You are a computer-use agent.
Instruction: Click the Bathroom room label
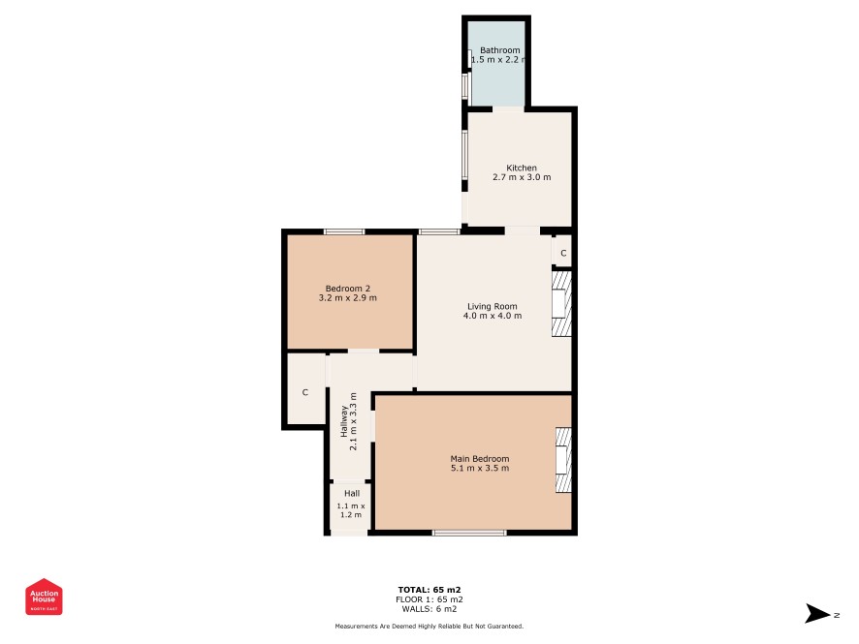coord(499,50)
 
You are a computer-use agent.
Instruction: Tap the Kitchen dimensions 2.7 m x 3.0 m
coord(522,177)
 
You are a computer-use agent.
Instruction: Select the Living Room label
coord(492,306)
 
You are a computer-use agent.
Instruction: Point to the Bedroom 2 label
coord(348,289)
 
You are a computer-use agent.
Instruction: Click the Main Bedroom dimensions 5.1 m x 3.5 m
coord(480,469)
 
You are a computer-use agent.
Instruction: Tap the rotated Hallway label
coord(344,421)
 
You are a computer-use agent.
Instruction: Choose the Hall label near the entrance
coord(352,494)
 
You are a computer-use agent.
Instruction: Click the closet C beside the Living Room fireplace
coord(563,254)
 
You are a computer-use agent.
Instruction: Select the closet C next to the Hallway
coord(305,392)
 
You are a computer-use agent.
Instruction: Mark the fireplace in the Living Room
coord(561,304)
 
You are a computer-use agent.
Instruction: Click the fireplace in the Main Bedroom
coord(563,460)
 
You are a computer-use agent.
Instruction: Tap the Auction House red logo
coord(44,597)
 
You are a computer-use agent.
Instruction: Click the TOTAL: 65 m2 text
coord(429,590)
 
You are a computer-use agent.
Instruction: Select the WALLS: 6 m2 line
coord(429,609)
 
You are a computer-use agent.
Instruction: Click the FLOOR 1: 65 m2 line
coord(429,599)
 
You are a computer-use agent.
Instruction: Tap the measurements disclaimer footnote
coord(429,626)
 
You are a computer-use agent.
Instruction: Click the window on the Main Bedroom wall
coord(469,533)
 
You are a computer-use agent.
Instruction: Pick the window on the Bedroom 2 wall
coord(344,232)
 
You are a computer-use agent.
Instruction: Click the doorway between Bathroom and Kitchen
coord(508,109)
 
